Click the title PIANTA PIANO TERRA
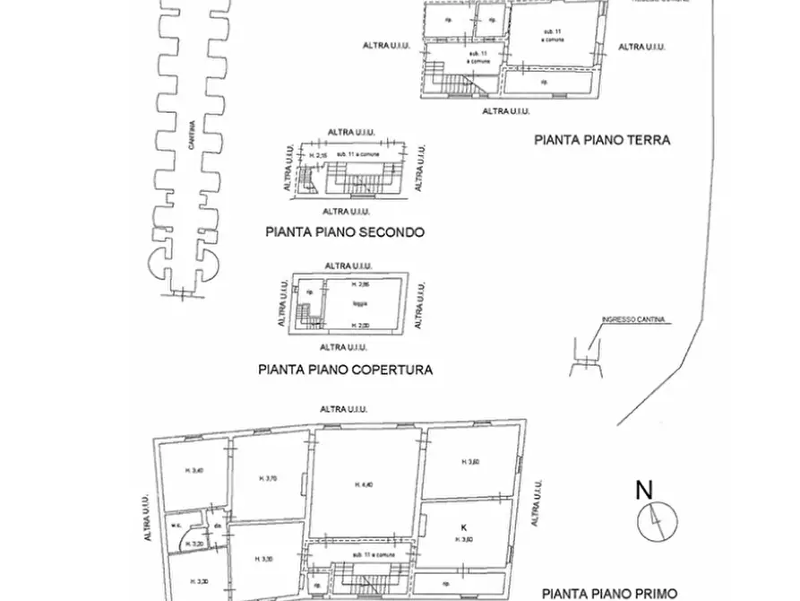[x=602, y=140]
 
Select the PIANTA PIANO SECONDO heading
[x=345, y=232]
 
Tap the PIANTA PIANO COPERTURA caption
[x=345, y=369]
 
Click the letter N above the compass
[x=643, y=491]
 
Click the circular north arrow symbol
[x=657, y=522]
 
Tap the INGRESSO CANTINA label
[x=634, y=319]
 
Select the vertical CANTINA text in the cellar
[x=191, y=144]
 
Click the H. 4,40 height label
[x=364, y=485]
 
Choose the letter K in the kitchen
[x=463, y=527]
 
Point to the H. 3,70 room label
[x=269, y=478]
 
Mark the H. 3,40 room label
[x=194, y=471]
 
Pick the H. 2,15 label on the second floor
[x=318, y=156]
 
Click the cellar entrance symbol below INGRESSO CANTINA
[x=584, y=356]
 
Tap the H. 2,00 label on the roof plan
[x=359, y=324]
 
